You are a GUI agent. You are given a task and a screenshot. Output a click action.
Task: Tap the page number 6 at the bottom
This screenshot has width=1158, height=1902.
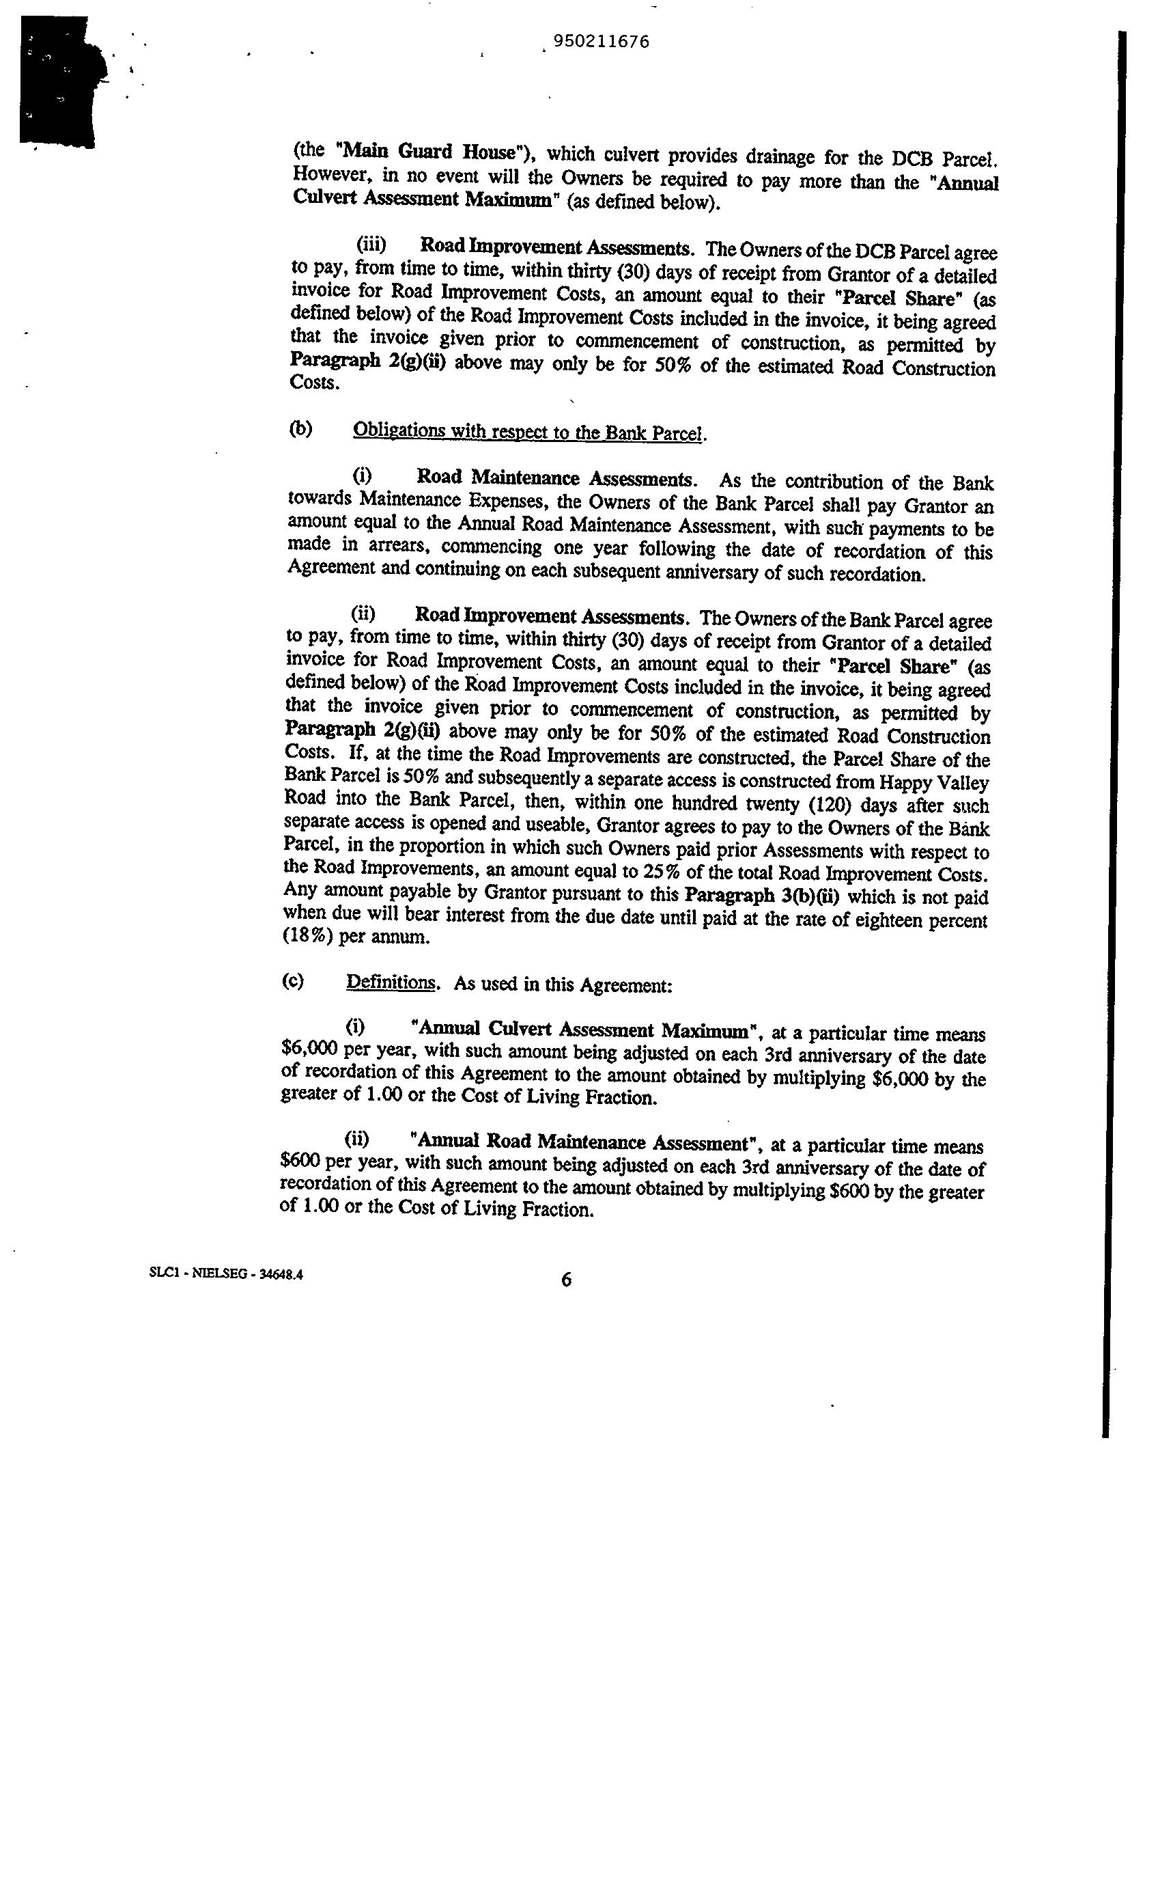[566, 1280]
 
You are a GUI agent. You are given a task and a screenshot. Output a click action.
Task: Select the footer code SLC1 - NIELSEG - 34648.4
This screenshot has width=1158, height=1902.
[226, 1276]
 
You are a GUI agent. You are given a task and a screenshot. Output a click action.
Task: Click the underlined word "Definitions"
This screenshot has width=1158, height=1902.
[391, 982]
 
